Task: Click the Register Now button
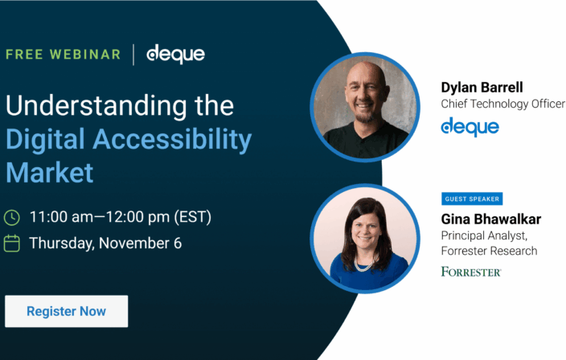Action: click(66, 311)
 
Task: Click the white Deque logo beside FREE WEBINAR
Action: click(175, 55)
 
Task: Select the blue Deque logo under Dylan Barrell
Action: click(470, 127)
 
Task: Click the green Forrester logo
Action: click(470, 272)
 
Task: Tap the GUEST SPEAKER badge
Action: click(472, 198)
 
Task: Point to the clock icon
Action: click(12, 217)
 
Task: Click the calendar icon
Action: click(12, 243)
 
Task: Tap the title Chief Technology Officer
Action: click(502, 104)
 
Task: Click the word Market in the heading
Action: click(50, 172)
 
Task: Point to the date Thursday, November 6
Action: click(105, 243)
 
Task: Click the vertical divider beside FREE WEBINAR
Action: click(133, 55)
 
